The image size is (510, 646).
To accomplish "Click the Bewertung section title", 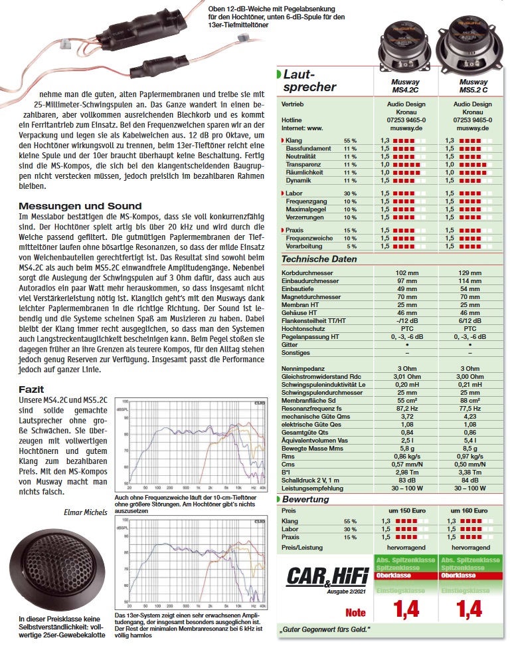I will tap(307, 499).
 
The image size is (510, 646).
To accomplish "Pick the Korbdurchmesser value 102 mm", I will tap(405, 273).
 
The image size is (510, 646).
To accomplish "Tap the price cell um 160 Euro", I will tap(471, 511).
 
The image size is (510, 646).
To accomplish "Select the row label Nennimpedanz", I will tap(303, 368).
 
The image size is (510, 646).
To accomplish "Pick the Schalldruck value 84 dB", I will tap(471, 480).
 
